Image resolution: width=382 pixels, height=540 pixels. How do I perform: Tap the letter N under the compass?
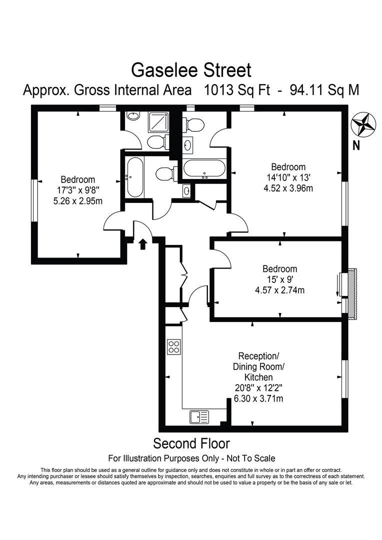[x=356, y=146]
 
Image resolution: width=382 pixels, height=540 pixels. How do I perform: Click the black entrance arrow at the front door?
[x=142, y=244]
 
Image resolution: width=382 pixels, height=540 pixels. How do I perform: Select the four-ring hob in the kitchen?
[x=174, y=346]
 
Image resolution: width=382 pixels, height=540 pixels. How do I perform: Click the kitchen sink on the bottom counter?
[x=199, y=416]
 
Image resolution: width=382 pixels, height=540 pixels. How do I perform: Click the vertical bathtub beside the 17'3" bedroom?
[x=135, y=177]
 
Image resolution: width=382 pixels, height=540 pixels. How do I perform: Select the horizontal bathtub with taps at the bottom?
[x=205, y=169]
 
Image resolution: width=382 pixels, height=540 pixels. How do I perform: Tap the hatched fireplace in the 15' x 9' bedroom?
[x=352, y=293]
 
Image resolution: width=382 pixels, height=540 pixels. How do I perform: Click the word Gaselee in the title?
[x=160, y=69]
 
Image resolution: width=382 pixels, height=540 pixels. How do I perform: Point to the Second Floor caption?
[x=191, y=443]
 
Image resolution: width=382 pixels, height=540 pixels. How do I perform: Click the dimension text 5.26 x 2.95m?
[x=77, y=201]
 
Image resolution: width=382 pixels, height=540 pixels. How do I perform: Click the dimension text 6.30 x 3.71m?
[x=258, y=398]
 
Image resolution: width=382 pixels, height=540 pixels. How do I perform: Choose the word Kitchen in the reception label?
[x=258, y=377]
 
